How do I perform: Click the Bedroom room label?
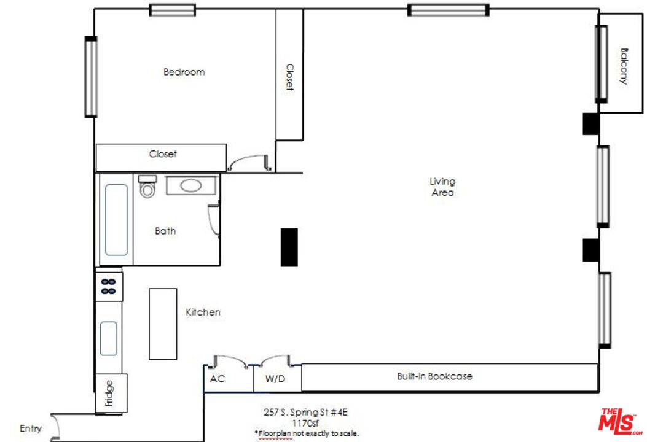184,72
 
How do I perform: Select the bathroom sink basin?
191,185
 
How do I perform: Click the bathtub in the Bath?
116,219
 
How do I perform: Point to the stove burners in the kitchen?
108,286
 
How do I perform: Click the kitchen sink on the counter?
109,338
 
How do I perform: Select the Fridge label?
109,394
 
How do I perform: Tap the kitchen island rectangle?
163,324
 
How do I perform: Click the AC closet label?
218,379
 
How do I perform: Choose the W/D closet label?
275,379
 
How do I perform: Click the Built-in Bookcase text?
434,376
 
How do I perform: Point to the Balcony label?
624,66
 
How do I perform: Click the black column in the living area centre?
289,247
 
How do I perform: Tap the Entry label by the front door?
31,428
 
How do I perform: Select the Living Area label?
442,187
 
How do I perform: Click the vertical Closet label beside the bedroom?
289,77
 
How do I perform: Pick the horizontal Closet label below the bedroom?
163,154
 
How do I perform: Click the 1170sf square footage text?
305,422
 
